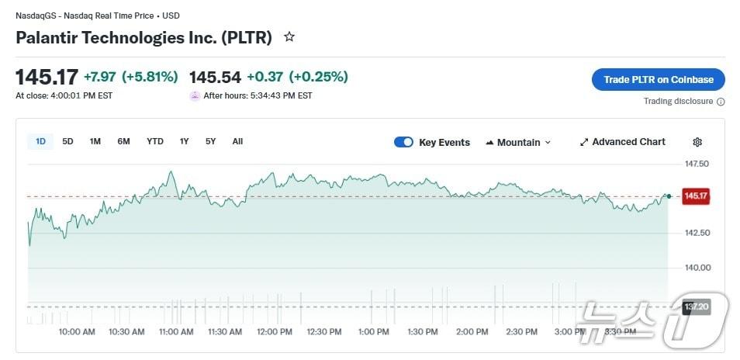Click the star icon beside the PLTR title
289,37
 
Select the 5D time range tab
67,141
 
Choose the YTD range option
155,141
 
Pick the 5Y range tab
211,141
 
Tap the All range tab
237,141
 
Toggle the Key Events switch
403,142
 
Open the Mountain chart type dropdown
518,142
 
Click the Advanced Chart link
622,142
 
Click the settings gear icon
697,142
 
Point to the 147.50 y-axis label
697,164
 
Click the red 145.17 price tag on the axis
696,196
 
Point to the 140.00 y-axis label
697,268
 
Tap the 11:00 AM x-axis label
176,332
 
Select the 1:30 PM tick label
423,332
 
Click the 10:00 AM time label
77,332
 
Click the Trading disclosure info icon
721,102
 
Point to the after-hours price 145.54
215,77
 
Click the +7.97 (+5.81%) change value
131,77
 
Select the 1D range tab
40,141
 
